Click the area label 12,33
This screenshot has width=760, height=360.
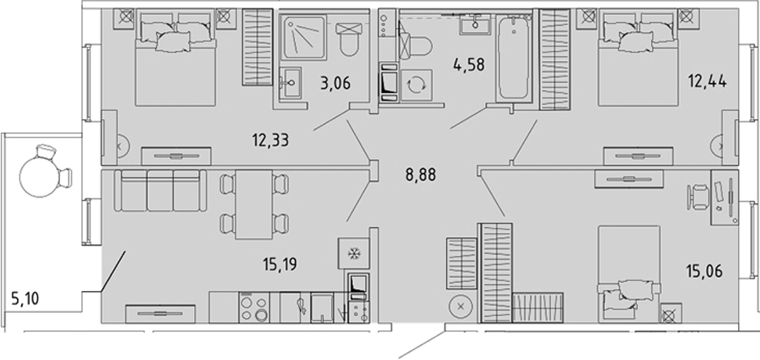pyautogui.click(x=271, y=141)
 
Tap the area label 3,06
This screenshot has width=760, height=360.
pyautogui.click(x=335, y=83)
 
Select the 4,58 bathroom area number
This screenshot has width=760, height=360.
pyautogui.click(x=469, y=64)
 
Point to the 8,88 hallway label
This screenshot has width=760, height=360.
pyautogui.click(x=421, y=175)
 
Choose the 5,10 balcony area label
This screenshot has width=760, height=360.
pyautogui.click(x=25, y=299)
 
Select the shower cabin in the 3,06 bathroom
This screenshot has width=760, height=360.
pyautogui.click(x=304, y=38)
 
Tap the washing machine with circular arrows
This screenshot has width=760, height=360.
pyautogui.click(x=416, y=85)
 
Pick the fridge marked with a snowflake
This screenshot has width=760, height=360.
pyautogui.click(x=353, y=254)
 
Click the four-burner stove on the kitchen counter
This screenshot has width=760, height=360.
pyautogui.click(x=254, y=308)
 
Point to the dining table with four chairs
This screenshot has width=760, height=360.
pyautogui.click(x=254, y=204)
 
